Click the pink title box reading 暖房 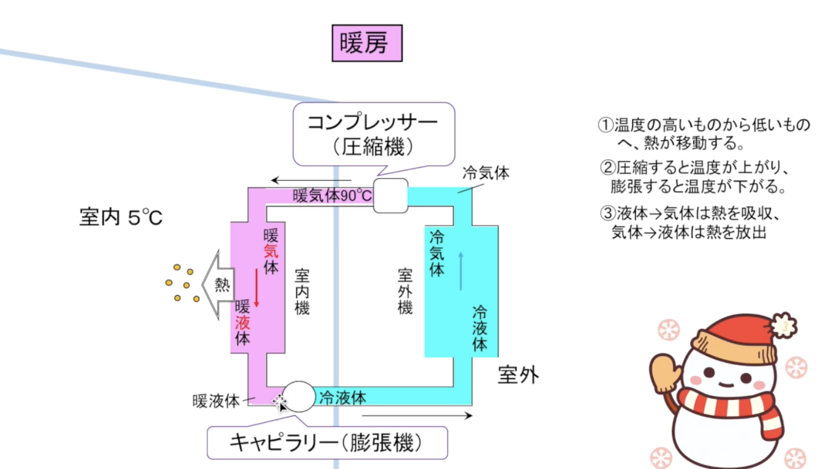pyautogui.click(x=366, y=43)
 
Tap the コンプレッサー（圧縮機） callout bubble pyautogui.click(x=373, y=134)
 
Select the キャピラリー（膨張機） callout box pyautogui.click(x=327, y=442)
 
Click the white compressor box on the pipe pyautogui.click(x=390, y=196)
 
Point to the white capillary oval pyautogui.click(x=299, y=396)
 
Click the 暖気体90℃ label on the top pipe pyautogui.click(x=332, y=196)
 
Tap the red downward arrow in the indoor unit pyautogui.click(x=256, y=288)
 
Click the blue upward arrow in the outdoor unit pyautogui.click(x=461, y=271)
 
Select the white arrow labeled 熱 pyautogui.click(x=218, y=284)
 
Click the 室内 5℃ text pyautogui.click(x=121, y=217)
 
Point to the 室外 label pyautogui.click(x=518, y=375)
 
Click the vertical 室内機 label pyautogui.click(x=302, y=292)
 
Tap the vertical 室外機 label pyautogui.click(x=405, y=292)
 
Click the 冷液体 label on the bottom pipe pyautogui.click(x=343, y=397)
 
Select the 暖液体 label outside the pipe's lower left pyautogui.click(x=216, y=401)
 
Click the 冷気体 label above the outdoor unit pyautogui.click(x=486, y=173)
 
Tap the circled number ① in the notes pyautogui.click(x=606, y=125)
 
